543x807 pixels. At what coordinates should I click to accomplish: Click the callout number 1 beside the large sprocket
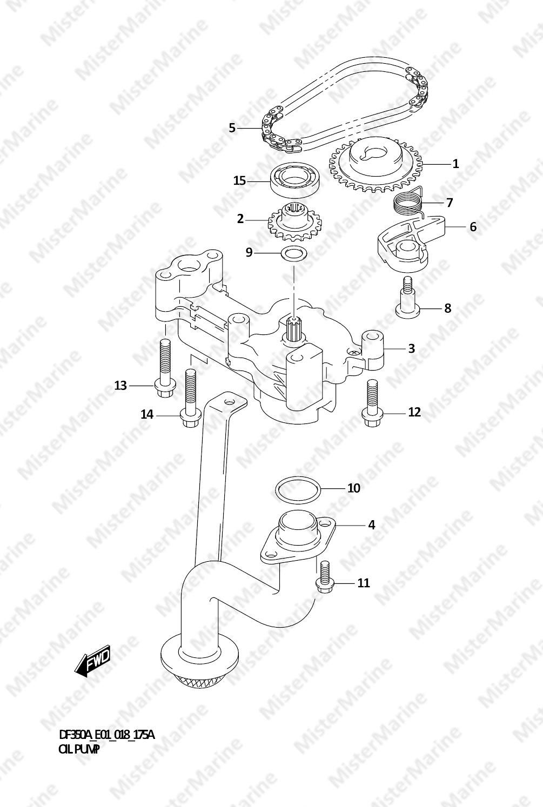(x=455, y=164)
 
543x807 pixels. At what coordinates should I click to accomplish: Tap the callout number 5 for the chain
(x=232, y=128)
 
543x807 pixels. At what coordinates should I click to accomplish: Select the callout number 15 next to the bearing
(x=239, y=180)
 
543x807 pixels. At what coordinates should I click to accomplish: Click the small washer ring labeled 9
(x=294, y=254)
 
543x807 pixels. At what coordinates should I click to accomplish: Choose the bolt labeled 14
(x=190, y=398)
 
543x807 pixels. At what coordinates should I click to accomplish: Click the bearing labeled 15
(x=296, y=180)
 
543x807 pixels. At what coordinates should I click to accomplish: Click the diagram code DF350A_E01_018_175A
(x=106, y=735)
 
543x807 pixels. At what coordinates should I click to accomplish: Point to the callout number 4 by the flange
(x=372, y=525)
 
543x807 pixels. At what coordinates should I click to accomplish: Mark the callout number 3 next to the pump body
(x=412, y=348)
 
